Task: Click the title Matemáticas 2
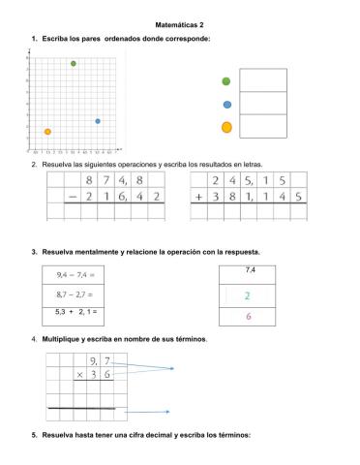179,22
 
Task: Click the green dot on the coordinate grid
74,64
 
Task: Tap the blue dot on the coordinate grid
98,121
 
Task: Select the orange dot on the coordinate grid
47,132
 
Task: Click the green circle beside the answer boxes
226,81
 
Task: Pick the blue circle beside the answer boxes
226,104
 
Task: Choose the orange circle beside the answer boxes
226,127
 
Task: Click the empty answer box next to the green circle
263,80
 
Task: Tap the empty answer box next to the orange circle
263,126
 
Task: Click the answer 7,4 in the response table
250,271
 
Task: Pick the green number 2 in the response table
248,296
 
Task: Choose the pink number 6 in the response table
249,317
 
